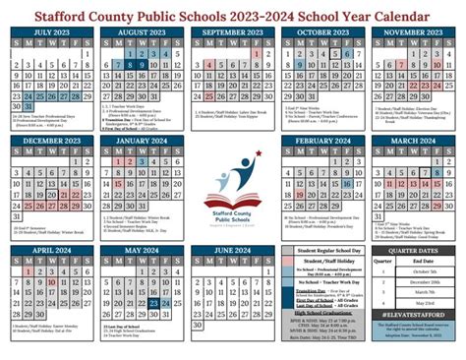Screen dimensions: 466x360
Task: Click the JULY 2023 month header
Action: pos(50,31)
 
